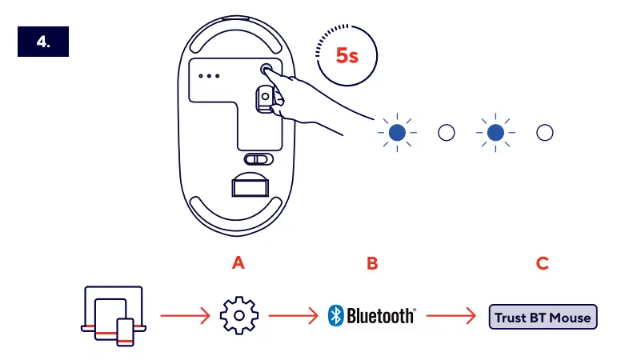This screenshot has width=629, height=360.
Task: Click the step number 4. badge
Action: pos(43,44)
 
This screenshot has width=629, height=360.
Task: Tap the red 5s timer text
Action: pos(347,55)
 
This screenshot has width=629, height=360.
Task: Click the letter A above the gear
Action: pos(237,262)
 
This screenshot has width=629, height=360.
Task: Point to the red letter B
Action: pos(371,262)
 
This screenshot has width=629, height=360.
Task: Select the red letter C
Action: pos(543,262)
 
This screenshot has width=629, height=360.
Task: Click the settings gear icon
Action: pos(238,316)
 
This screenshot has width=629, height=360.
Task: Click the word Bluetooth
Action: pos(381,316)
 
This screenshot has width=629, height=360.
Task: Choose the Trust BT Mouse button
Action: pos(543,317)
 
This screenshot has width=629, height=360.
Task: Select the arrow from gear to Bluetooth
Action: pos(294,316)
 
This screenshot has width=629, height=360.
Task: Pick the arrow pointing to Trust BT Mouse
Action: pos(451,316)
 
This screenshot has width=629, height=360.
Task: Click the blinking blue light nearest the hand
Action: pos(398,133)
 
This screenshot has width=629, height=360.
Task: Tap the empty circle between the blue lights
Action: pos(447,133)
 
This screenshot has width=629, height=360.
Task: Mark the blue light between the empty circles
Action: pos(496,133)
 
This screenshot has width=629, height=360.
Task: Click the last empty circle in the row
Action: pos(545,133)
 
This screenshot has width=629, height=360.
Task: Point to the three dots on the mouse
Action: pos(210,77)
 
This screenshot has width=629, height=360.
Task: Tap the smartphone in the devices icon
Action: pos(125,331)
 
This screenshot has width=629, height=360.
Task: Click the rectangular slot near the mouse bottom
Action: pos(250,186)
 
